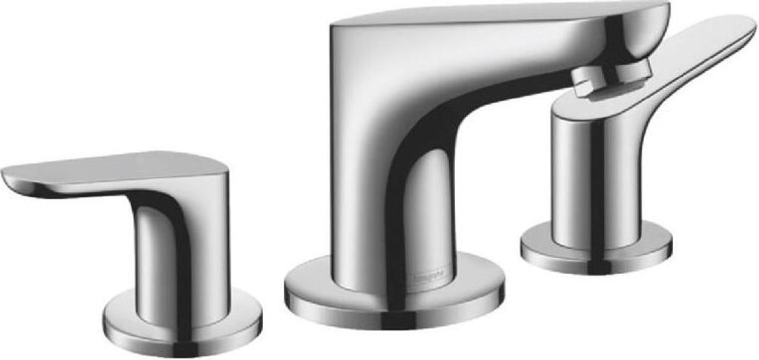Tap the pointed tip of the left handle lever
point(7,175)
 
